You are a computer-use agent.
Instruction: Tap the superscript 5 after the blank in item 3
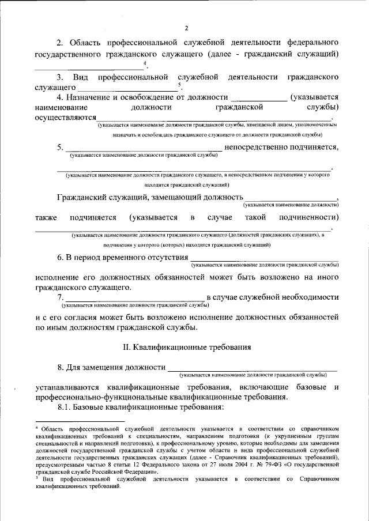pos(180,85)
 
